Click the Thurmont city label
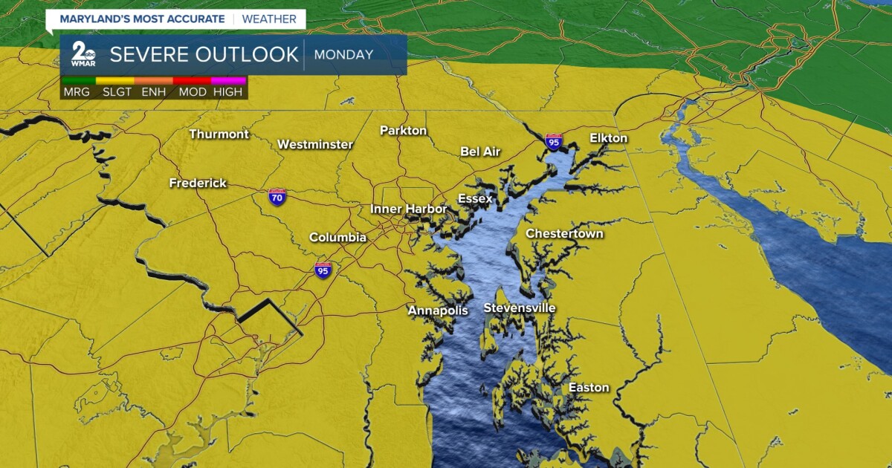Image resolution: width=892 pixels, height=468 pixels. click(219, 134)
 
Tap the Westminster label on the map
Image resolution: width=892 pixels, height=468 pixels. click(315, 144)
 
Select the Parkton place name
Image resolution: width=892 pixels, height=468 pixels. click(404, 131)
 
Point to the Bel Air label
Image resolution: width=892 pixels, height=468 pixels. click(480, 152)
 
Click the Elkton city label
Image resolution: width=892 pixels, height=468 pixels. click(609, 138)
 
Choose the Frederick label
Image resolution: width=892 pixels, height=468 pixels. click(198, 183)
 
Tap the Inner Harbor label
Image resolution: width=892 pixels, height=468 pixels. click(409, 209)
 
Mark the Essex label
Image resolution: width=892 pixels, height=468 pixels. click(475, 199)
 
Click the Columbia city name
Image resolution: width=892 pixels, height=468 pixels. click(337, 238)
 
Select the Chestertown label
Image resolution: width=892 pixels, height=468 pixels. click(565, 234)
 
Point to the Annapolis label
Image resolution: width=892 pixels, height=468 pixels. click(438, 311)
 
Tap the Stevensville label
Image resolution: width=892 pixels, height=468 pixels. click(520, 308)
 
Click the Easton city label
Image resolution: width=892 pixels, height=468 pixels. click(589, 388)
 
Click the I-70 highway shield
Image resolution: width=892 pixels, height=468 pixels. click(277, 198)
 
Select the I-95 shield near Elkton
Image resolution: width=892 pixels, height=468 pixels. click(553, 141)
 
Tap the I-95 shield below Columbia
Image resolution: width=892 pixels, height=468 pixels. click(323, 270)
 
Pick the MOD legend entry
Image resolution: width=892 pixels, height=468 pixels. click(192, 92)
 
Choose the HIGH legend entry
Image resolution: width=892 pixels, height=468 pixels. click(227, 92)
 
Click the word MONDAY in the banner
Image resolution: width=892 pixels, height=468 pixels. click(343, 54)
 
